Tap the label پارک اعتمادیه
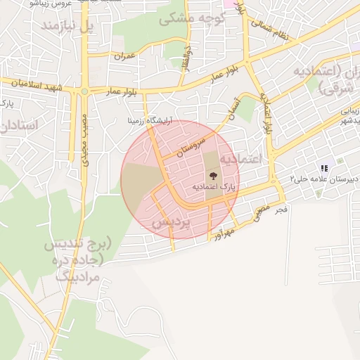pyautogui.click(x=214, y=188)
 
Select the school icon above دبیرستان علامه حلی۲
pyautogui.click(x=323, y=168)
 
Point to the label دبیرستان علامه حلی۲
pyautogui.click(x=321, y=179)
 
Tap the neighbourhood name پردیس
pyautogui.click(x=172, y=222)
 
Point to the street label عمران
pyautogui.click(x=124, y=54)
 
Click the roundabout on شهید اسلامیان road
pyautogui.click(x=84, y=91)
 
